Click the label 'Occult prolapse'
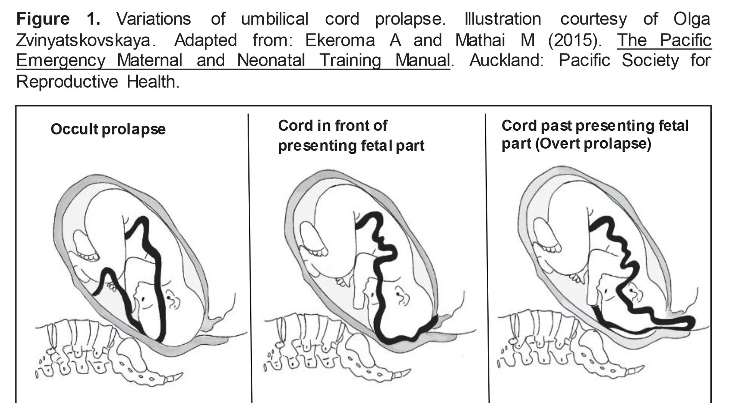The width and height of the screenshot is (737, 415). [x=108, y=129]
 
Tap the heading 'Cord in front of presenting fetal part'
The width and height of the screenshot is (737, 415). [x=351, y=136]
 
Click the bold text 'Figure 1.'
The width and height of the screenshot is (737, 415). [x=58, y=19]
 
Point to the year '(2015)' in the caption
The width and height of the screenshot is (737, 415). [x=575, y=40]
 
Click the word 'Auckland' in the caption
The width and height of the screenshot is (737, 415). [x=506, y=60]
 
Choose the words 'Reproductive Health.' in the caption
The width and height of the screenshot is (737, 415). [x=97, y=81]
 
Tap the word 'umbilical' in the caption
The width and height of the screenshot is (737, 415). [x=274, y=19]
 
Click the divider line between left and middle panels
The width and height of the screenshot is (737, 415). [x=250, y=257]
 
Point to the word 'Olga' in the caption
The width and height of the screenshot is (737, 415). [x=691, y=19]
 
